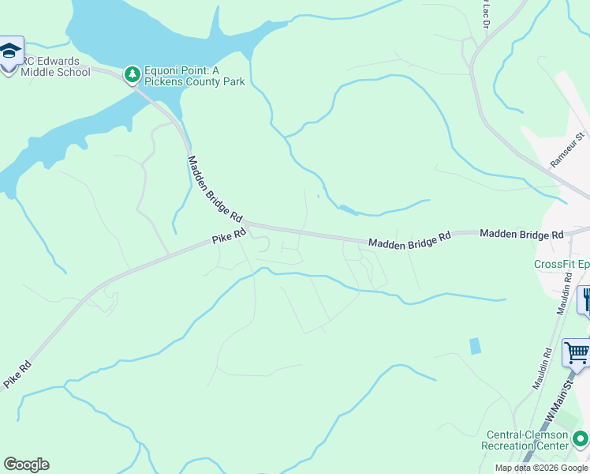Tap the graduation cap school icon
click(x=10, y=52)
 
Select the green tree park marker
click(x=132, y=74)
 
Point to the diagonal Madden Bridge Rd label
click(x=215, y=188)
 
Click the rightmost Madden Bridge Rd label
click(x=521, y=235)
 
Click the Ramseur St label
click(x=568, y=149)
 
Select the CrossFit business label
click(x=561, y=265)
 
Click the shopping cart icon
click(x=577, y=352)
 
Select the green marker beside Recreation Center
click(x=581, y=437)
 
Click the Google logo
click(x=26, y=465)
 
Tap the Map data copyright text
click(x=541, y=468)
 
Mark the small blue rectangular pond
click(x=474, y=346)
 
